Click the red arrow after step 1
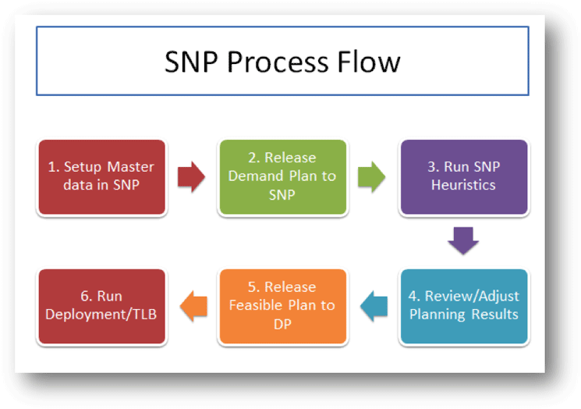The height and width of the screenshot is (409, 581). [191, 177]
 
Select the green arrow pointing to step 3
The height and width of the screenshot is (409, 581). [372, 177]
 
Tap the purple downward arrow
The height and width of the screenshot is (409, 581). [463, 240]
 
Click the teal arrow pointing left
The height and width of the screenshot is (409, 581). [374, 306]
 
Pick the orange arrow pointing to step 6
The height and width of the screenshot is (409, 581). [193, 306]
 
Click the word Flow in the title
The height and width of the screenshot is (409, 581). [369, 62]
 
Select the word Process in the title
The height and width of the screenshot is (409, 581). [278, 62]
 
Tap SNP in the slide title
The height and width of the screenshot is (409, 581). [191, 62]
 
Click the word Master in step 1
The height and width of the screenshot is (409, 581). [130, 167]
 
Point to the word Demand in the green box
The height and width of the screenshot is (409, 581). [256, 176]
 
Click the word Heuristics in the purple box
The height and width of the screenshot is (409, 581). [463, 185]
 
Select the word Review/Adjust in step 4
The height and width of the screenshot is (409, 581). [472, 297]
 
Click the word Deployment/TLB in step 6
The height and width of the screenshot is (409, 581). [101, 315]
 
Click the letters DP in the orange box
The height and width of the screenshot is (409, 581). [282, 325]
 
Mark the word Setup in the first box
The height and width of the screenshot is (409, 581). [82, 167]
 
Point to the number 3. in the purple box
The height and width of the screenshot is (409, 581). [433, 167]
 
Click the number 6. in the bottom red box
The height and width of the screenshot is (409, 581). [87, 297]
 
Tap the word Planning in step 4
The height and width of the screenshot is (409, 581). [438, 315]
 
